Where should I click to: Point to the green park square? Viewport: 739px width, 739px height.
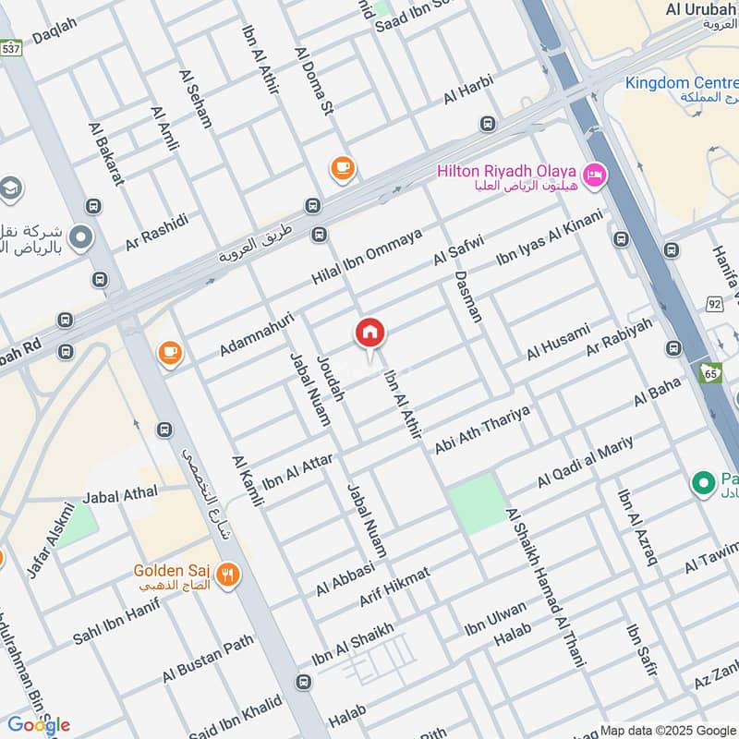pyautogui.click(x=478, y=503)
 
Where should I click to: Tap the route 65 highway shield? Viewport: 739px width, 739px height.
pyautogui.click(x=709, y=373)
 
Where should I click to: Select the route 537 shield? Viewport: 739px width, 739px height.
pyautogui.click(x=10, y=47)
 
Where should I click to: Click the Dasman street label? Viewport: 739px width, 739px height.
pyautogui.click(x=468, y=296)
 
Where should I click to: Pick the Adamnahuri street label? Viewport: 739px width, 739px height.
pyautogui.click(x=256, y=333)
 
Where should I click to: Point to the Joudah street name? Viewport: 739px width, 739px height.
pyautogui.click(x=330, y=378)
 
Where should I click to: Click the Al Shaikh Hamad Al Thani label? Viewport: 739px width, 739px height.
pyautogui.click(x=544, y=574)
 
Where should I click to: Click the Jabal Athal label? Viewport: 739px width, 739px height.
pyautogui.click(x=120, y=495)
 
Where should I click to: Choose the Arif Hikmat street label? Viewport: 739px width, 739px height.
pyautogui.click(x=394, y=588)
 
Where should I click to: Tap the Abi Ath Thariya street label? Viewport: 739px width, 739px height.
pyautogui.click(x=482, y=430)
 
